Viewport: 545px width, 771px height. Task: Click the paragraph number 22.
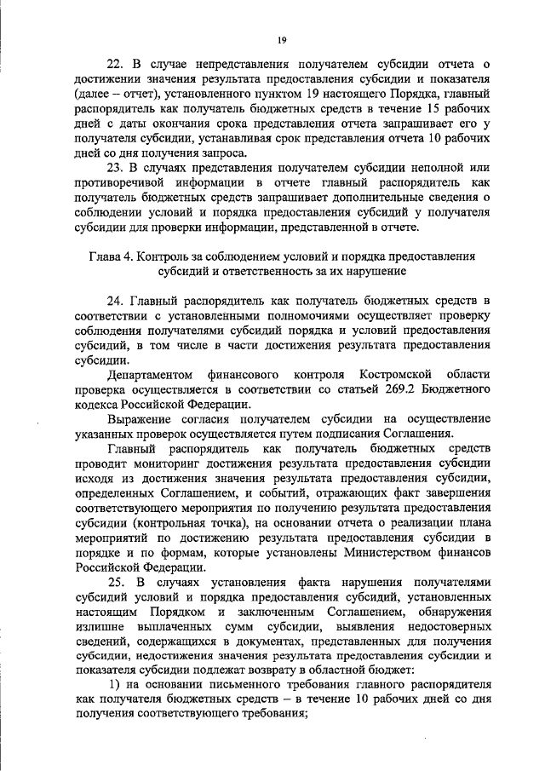[x=117, y=63]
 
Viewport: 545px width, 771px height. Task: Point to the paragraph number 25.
[x=117, y=582]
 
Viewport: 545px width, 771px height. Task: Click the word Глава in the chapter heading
[x=106, y=256]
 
